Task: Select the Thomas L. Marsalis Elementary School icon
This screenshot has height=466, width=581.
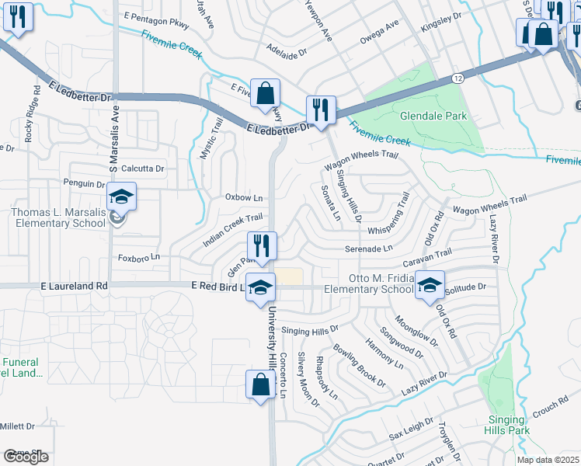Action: tap(121, 198)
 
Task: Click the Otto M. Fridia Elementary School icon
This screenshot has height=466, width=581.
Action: tap(429, 285)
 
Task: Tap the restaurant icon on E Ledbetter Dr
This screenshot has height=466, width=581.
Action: tap(321, 110)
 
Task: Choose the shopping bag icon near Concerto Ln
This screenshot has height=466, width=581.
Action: tap(261, 385)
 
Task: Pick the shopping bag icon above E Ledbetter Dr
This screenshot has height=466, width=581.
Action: tap(265, 93)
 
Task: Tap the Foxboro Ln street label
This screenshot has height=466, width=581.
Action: tap(138, 256)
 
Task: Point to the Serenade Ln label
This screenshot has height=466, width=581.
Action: tap(369, 249)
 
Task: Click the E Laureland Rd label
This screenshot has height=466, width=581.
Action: tap(75, 286)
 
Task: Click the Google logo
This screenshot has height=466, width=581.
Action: tap(26, 457)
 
